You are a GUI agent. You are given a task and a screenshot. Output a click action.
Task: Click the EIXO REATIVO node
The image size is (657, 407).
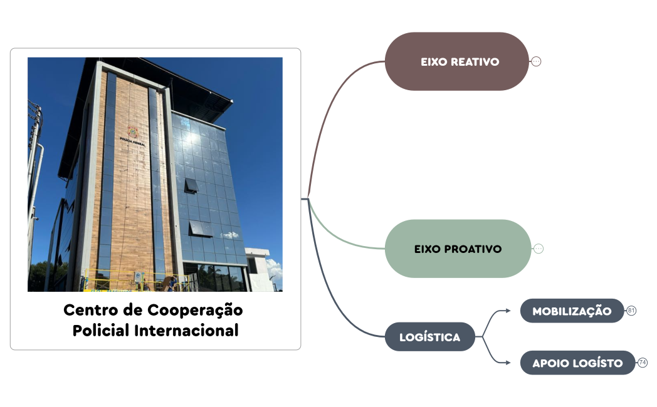click(x=456, y=61)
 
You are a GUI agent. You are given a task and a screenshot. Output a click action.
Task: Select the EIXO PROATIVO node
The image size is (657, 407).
click(x=458, y=249)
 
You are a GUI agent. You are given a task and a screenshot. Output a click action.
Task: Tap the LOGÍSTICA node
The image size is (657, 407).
click(x=429, y=337)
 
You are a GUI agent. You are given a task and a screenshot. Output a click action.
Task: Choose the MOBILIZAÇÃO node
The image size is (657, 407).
click(x=572, y=311)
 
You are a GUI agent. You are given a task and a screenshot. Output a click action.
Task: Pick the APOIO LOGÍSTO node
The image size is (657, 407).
click(x=577, y=363)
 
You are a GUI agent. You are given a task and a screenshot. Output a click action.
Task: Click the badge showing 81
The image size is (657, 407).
click(x=631, y=311)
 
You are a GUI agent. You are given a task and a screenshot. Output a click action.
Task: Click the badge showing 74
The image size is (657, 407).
click(x=643, y=363)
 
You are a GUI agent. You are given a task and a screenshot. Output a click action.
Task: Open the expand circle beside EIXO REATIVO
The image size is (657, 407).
click(x=536, y=61)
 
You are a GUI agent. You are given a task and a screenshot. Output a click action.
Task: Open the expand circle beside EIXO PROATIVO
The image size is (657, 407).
click(x=539, y=249)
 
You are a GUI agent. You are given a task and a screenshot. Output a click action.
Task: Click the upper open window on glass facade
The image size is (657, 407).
click(x=191, y=185)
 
